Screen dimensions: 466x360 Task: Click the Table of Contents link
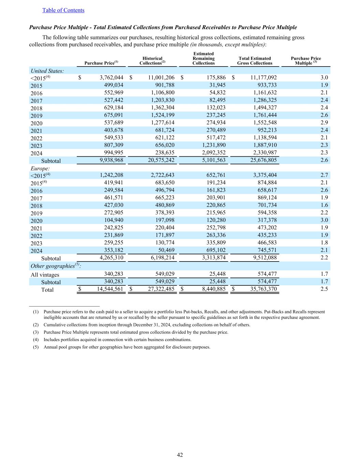[63, 10]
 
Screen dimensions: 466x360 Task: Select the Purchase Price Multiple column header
[306, 61]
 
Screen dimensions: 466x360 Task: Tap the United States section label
[47, 71]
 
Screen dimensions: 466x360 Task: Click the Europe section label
[40, 168]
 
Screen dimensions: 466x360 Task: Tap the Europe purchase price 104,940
[113, 220]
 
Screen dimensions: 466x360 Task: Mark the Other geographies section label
[56, 266]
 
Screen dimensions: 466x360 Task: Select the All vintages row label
[45, 275]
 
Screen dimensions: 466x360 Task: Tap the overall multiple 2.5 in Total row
[324, 289]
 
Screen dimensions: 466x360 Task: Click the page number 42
[180, 455]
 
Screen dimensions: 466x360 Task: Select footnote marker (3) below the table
[35, 332]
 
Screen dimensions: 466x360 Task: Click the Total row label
[47, 290]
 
